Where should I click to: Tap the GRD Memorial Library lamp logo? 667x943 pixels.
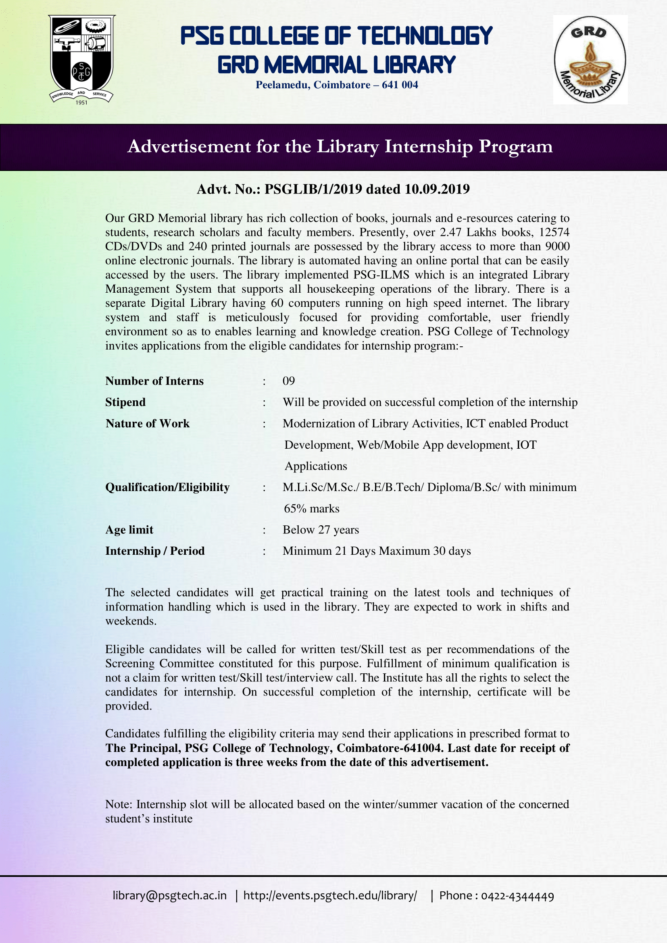[x=590, y=60]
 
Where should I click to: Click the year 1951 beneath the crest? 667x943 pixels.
[x=82, y=103]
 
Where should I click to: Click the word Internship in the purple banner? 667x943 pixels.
[x=428, y=147]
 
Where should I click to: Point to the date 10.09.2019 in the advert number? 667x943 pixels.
[x=437, y=189]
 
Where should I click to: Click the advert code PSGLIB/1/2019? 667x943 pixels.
[x=313, y=189]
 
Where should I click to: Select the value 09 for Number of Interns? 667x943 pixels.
[x=288, y=381]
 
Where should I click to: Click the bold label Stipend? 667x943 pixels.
[x=125, y=402]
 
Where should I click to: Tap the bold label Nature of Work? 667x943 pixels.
[x=148, y=423]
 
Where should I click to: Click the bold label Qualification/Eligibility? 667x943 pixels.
[x=167, y=487]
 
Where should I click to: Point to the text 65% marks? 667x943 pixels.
[x=311, y=508]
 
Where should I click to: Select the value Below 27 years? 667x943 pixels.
[x=320, y=530]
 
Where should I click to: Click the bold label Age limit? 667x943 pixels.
[x=129, y=530]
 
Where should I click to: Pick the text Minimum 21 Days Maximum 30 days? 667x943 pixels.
[x=376, y=551]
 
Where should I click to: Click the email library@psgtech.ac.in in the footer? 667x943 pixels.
[x=170, y=896]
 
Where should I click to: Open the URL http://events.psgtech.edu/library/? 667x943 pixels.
[x=330, y=896]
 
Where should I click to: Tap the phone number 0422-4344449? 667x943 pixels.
[x=517, y=896]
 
